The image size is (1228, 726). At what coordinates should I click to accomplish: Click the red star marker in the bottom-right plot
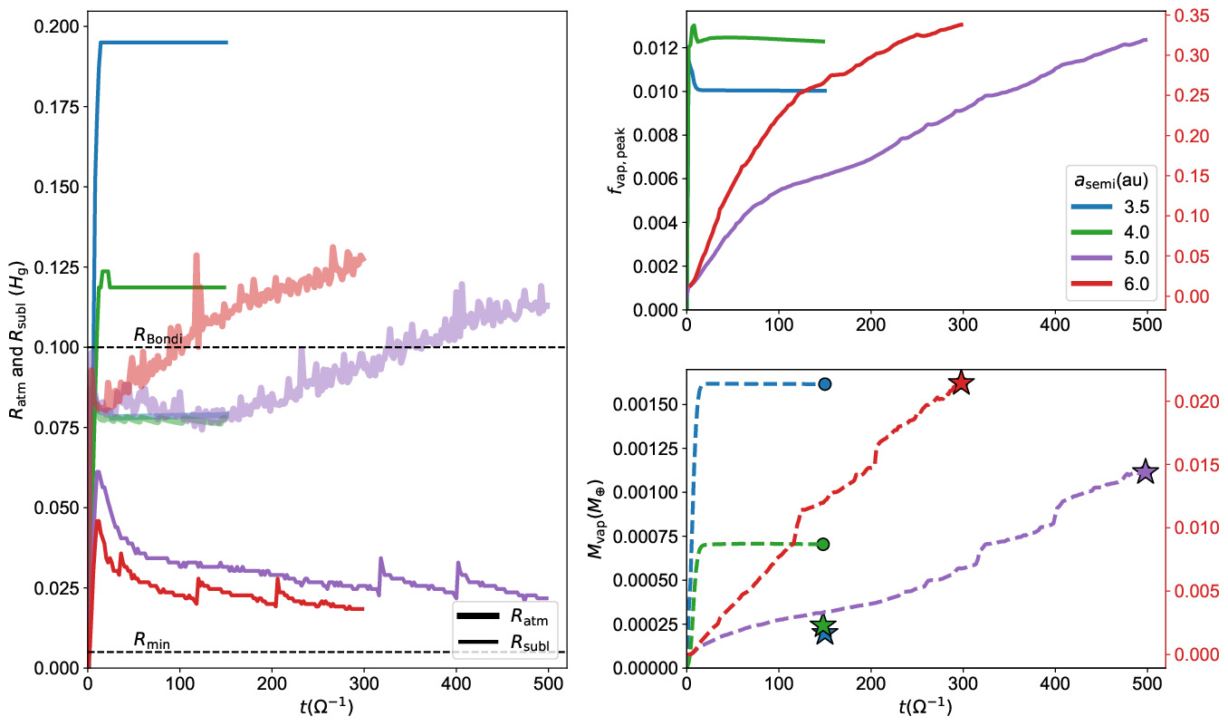pos(961,383)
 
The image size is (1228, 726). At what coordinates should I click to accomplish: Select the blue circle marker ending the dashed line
pos(824,384)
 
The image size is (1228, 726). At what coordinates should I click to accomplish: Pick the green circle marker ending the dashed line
pos(823,544)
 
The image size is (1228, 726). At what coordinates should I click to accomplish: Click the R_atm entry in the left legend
pos(528,617)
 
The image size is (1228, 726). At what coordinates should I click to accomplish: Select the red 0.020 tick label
pos(1191,402)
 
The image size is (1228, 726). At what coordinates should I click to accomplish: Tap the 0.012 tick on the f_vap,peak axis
pos(654,48)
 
